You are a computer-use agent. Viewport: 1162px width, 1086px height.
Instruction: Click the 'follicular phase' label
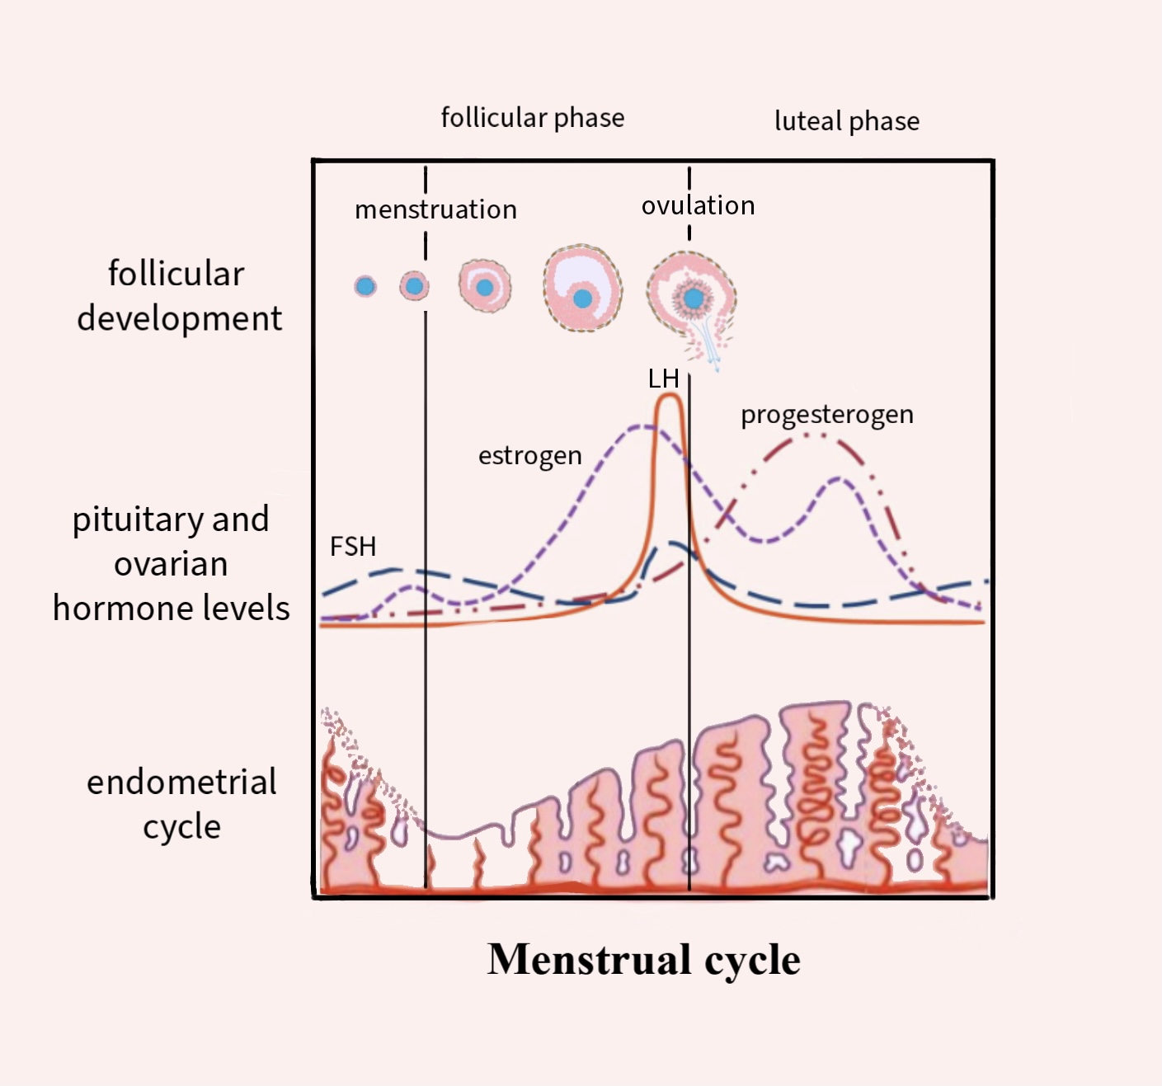click(532, 118)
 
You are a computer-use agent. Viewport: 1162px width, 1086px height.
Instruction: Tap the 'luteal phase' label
click(846, 121)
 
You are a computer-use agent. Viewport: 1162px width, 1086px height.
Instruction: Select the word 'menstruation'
click(435, 209)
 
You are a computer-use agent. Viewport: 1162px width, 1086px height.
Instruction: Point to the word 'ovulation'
click(698, 205)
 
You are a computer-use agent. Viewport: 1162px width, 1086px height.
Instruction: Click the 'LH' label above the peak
click(663, 379)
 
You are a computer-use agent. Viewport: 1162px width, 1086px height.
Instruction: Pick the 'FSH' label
click(353, 546)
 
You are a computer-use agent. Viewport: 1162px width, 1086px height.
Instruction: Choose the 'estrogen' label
click(529, 455)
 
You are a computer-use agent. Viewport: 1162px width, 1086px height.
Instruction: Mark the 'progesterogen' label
click(826, 414)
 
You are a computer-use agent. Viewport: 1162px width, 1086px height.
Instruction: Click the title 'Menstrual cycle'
click(643, 959)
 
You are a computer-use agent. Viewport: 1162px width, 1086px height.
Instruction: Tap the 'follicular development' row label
click(178, 295)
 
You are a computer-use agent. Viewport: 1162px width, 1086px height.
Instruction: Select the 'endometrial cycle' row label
click(181, 804)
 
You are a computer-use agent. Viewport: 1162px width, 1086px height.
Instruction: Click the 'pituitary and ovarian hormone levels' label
click(171, 563)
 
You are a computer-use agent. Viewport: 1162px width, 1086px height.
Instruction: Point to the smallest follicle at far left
click(365, 286)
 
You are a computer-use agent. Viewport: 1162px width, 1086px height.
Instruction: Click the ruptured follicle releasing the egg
click(691, 301)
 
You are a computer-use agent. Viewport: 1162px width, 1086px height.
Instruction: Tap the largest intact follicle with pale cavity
click(582, 288)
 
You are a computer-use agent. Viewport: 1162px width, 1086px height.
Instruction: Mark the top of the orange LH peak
click(669, 397)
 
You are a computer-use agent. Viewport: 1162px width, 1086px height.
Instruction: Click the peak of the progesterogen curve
click(812, 435)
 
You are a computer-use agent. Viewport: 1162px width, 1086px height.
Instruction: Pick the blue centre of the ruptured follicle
click(694, 298)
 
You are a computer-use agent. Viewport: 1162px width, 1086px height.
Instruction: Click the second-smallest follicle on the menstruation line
click(414, 286)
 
